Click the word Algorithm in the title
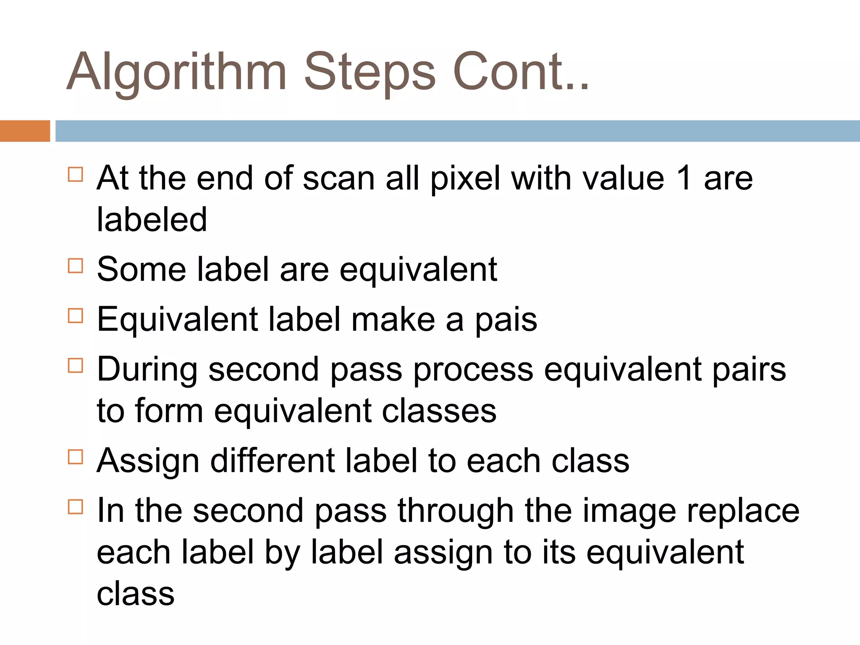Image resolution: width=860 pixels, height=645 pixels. (176, 72)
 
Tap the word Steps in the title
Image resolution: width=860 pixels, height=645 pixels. (370, 72)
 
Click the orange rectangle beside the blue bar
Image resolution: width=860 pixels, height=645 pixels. (25, 131)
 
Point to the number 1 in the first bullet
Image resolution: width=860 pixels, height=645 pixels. (684, 178)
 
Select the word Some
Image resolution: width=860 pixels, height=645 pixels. (142, 269)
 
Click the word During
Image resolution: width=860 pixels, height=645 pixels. (147, 370)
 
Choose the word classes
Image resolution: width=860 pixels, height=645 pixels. (439, 411)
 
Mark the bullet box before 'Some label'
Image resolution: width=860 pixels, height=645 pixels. (75, 266)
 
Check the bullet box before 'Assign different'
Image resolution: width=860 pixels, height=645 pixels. (75, 457)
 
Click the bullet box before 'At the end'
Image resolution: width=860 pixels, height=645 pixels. (75, 174)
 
